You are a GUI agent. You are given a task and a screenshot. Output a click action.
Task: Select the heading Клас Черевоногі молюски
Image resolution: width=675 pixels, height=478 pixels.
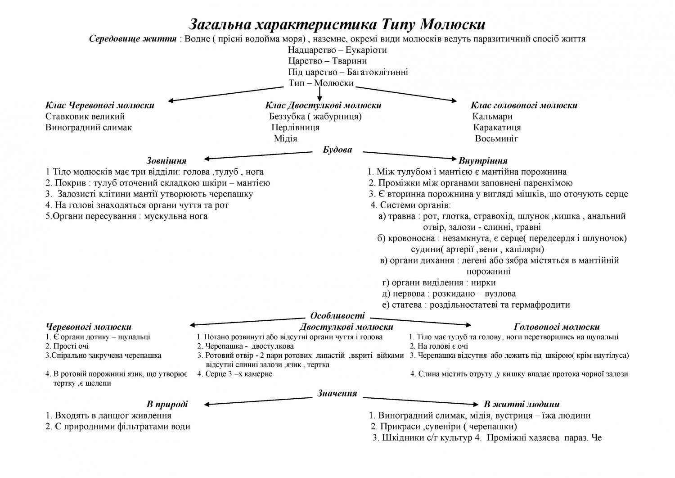tap(99, 105)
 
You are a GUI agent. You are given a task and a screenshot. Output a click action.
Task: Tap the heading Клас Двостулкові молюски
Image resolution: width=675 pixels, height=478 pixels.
tap(323, 105)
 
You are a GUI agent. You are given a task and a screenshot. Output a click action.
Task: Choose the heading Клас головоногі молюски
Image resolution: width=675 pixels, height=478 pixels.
tap(524, 105)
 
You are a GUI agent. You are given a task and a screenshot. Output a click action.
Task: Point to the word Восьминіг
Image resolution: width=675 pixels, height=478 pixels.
tap(496, 138)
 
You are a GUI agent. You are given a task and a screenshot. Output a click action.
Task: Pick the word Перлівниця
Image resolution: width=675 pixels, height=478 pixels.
tap(296, 127)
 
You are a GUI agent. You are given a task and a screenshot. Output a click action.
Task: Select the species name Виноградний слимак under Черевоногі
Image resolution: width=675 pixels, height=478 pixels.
tap(89, 127)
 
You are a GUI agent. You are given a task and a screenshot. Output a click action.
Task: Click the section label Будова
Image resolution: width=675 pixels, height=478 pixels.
tap(337, 150)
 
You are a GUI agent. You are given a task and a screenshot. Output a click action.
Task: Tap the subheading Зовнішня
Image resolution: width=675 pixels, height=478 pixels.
tap(166, 161)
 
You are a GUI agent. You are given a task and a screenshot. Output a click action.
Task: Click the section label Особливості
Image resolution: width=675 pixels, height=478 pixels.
tap(337, 316)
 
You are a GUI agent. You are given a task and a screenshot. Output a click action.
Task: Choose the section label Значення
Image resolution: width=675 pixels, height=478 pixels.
tap(337, 393)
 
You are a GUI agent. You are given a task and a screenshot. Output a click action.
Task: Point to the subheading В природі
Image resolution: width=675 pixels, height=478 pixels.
tap(167, 404)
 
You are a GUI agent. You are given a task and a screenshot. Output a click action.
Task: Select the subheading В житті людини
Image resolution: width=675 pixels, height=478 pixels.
tap(522, 404)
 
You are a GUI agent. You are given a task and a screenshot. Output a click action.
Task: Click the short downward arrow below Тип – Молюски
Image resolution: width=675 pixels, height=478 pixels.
tap(319, 94)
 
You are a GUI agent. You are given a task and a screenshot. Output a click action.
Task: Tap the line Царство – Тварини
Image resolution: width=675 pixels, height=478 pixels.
tap(327, 61)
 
